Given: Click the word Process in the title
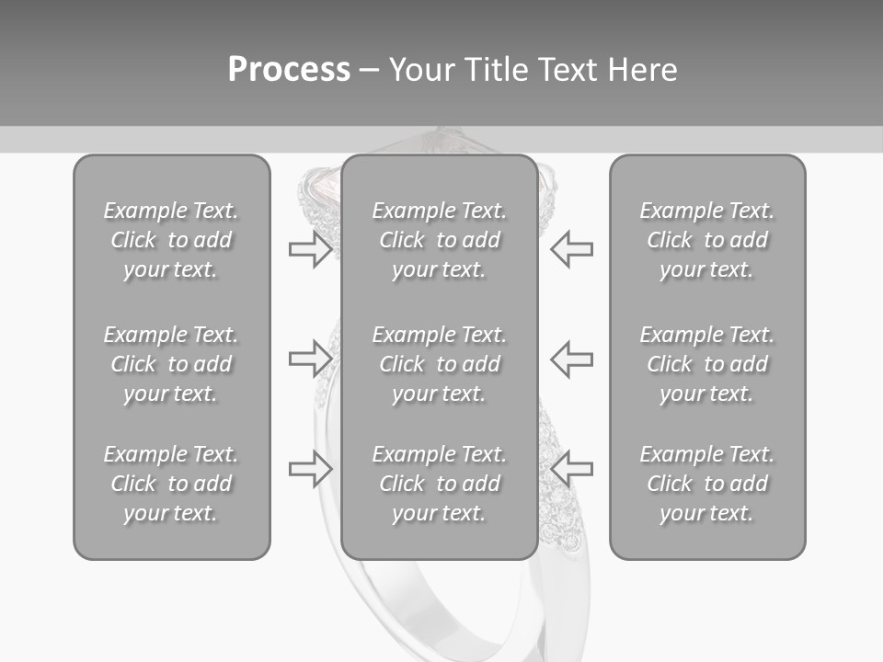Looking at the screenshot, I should tap(289, 70).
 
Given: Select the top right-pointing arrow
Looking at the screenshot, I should tap(310, 249).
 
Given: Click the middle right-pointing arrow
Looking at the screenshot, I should tap(310, 359).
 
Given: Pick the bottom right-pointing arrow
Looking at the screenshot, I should tap(310, 468).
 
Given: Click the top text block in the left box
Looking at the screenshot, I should tap(171, 240).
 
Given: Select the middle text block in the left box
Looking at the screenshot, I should tap(171, 364).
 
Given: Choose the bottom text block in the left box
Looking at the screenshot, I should tap(171, 484).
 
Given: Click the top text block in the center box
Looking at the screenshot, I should tap(439, 240).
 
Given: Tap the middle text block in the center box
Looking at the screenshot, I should tap(439, 364).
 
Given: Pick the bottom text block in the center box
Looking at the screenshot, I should tap(439, 484).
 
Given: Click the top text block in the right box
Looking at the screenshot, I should tap(706, 240).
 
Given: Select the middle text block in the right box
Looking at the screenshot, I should tap(706, 364).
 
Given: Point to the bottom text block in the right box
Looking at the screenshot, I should tap(706, 484).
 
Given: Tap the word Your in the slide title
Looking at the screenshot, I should tap(421, 70).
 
